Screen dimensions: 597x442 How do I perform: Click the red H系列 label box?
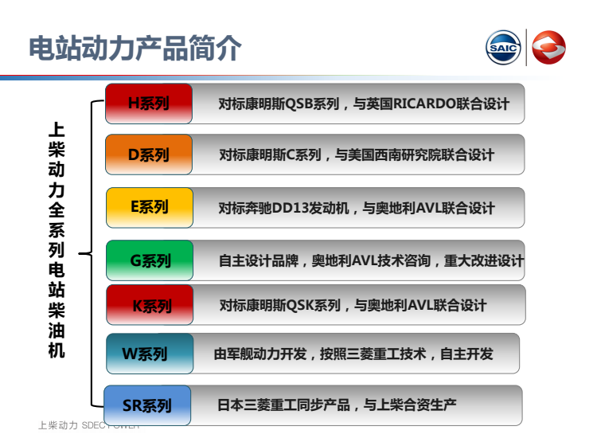coord(149,104)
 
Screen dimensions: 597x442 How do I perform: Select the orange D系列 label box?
coord(149,155)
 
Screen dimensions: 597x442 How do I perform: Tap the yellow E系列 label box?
coord(150,208)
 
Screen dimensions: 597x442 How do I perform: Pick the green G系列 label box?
coord(150,260)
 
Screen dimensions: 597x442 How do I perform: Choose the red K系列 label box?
coord(150,305)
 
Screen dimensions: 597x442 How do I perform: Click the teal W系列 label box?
coord(150,354)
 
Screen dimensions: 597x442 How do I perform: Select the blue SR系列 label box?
coord(147,405)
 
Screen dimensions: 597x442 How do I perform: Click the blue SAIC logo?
coord(503,48)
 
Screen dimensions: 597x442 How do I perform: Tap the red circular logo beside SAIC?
coord(548,48)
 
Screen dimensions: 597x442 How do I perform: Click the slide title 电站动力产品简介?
coord(135,48)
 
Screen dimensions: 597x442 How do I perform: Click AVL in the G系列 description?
coord(365,260)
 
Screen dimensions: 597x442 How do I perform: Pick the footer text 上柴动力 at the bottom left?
coord(58,425)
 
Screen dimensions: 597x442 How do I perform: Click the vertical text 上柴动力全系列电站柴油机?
coord(57,241)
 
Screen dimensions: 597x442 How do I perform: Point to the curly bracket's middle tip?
coord(79,253)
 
